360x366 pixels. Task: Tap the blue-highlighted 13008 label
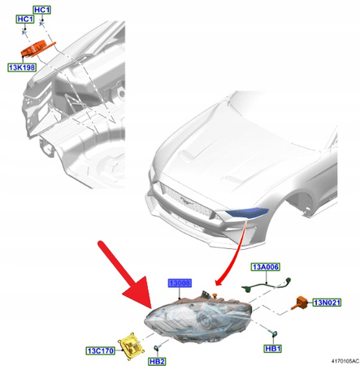(x=180, y=283)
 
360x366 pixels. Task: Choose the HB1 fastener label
(x=271, y=348)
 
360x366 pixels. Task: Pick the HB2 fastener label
(x=156, y=360)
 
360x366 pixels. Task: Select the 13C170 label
(x=100, y=351)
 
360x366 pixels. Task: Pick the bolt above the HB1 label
(x=274, y=334)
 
